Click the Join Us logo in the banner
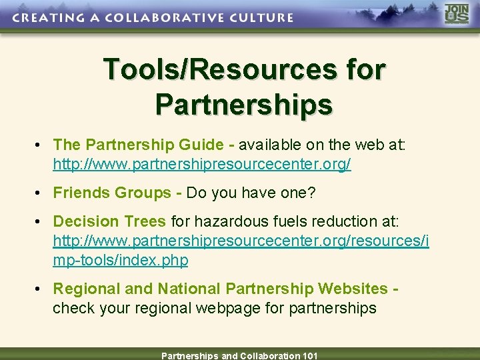click(x=457, y=15)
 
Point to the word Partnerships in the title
click(x=243, y=104)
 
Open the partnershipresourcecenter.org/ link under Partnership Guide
click(x=202, y=164)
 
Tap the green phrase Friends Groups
click(x=112, y=193)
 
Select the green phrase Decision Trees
click(x=109, y=221)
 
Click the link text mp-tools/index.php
click(x=121, y=260)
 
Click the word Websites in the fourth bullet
click(x=353, y=289)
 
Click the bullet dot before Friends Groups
click(x=41, y=193)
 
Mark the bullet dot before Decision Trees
click(x=41, y=222)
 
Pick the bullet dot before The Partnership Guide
click(x=41, y=145)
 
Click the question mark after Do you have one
click(x=311, y=193)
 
